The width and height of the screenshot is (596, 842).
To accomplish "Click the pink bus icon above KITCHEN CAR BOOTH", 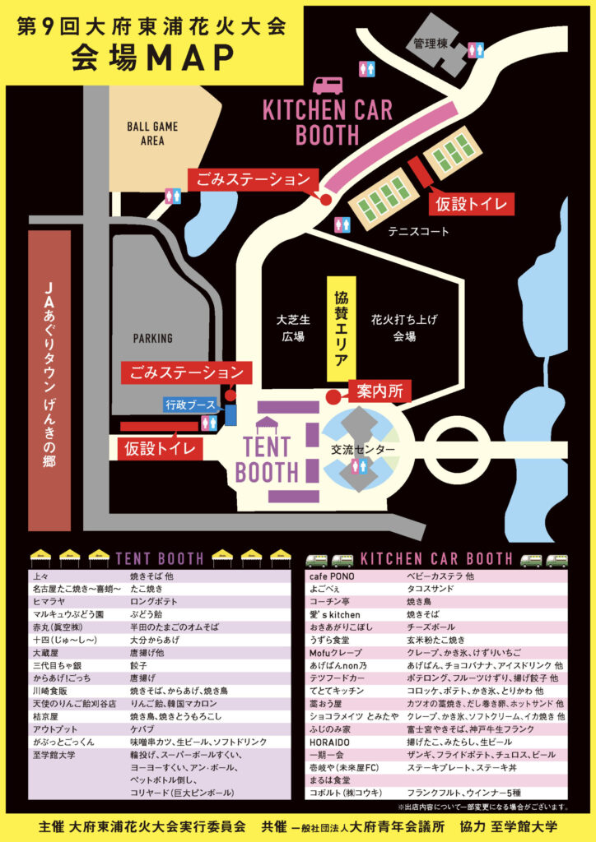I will (x=328, y=86).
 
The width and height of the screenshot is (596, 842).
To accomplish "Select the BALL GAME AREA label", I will (x=152, y=133).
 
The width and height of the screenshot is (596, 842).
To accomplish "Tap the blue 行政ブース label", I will (x=190, y=405).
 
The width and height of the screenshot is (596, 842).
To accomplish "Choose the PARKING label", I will (x=153, y=338).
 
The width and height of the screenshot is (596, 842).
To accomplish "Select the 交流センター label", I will (x=362, y=450).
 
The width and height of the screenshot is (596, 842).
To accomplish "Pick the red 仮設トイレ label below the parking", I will (x=161, y=448).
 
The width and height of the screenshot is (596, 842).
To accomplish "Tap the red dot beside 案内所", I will (x=332, y=397).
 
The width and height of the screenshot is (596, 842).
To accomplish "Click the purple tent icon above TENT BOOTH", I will (x=267, y=425).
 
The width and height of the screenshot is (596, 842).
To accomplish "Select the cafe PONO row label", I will (x=332, y=576).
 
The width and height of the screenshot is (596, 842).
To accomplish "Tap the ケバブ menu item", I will (x=142, y=729).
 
